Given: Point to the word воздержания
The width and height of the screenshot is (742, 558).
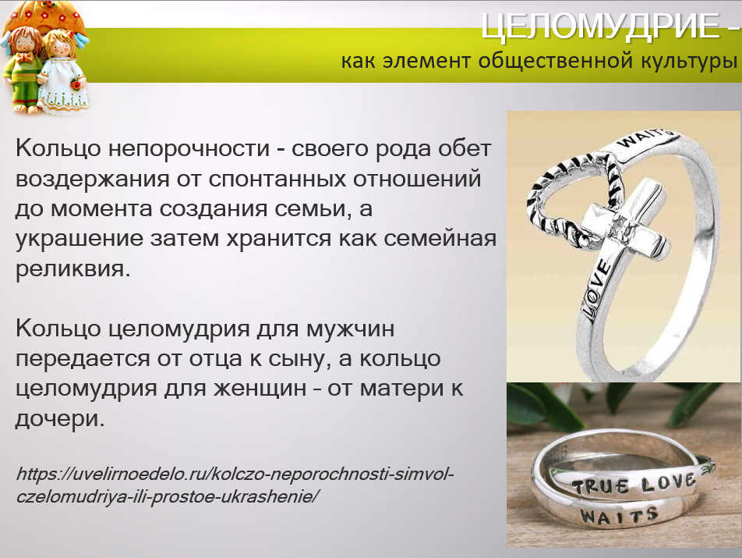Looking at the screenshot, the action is (92, 179).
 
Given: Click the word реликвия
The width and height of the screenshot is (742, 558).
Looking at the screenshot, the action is (72, 269).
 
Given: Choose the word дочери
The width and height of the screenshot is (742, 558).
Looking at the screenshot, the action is (59, 419).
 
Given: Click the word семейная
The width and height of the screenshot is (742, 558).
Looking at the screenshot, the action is (440, 239).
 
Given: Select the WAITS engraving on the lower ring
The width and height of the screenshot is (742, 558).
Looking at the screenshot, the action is (619, 516).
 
